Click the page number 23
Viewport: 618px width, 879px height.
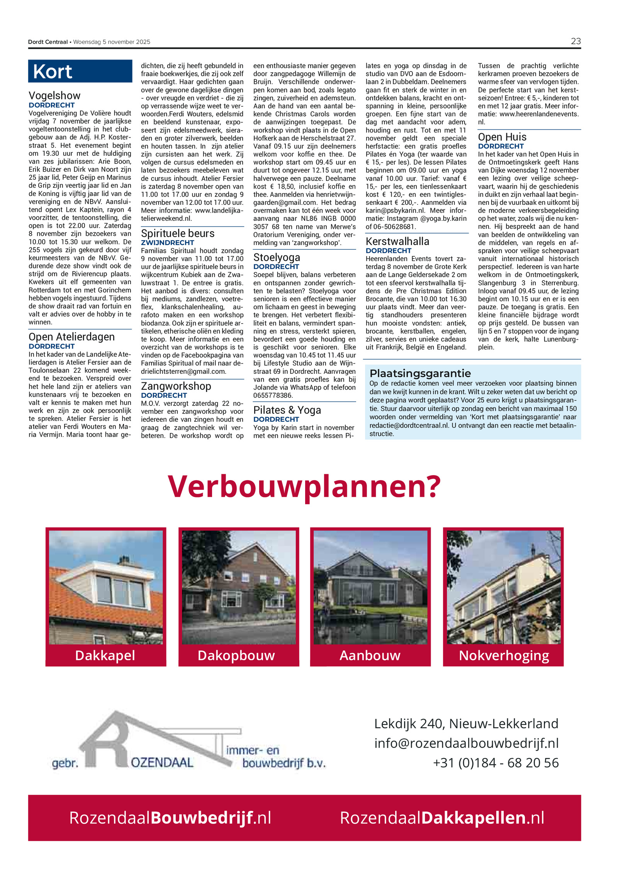576,41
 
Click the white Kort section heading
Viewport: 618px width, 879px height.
53,72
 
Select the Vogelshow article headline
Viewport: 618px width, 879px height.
54,95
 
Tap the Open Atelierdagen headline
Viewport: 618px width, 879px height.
71,337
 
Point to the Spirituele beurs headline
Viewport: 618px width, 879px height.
177,233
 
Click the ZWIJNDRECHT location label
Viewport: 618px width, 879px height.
167,243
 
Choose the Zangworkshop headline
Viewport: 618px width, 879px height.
176,386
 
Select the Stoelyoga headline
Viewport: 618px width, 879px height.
277,257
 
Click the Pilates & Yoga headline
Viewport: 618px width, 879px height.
287,410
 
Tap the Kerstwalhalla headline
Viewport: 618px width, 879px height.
397,242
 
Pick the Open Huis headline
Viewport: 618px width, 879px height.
502,137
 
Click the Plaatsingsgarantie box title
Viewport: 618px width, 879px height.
420,373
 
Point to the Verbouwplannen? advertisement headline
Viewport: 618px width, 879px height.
304,486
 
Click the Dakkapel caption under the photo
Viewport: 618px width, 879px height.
105,656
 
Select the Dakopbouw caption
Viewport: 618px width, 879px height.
236,656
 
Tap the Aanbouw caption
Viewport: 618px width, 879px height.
370,656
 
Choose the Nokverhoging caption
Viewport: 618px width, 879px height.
504,656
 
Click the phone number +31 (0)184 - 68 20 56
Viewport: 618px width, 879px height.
496,763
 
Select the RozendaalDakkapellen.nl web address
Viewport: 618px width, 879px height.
442,818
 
